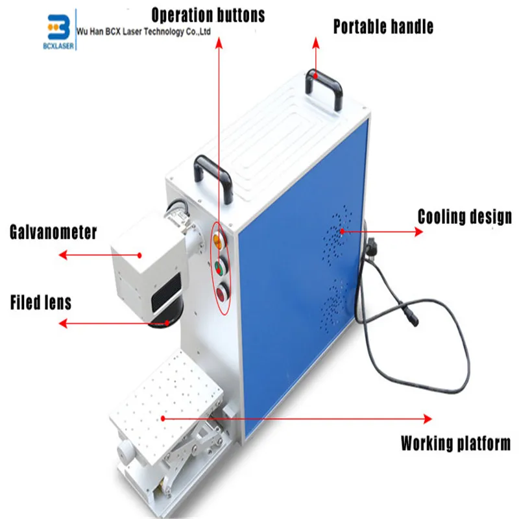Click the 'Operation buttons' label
pyautogui.click(x=208, y=14)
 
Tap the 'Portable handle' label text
pyautogui.click(x=383, y=27)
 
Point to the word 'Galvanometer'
pyautogui.click(x=53, y=232)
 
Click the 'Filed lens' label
pyautogui.click(x=40, y=302)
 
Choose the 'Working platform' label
pyautogui.click(x=455, y=444)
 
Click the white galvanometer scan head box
pyautogui.click(x=143, y=266)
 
